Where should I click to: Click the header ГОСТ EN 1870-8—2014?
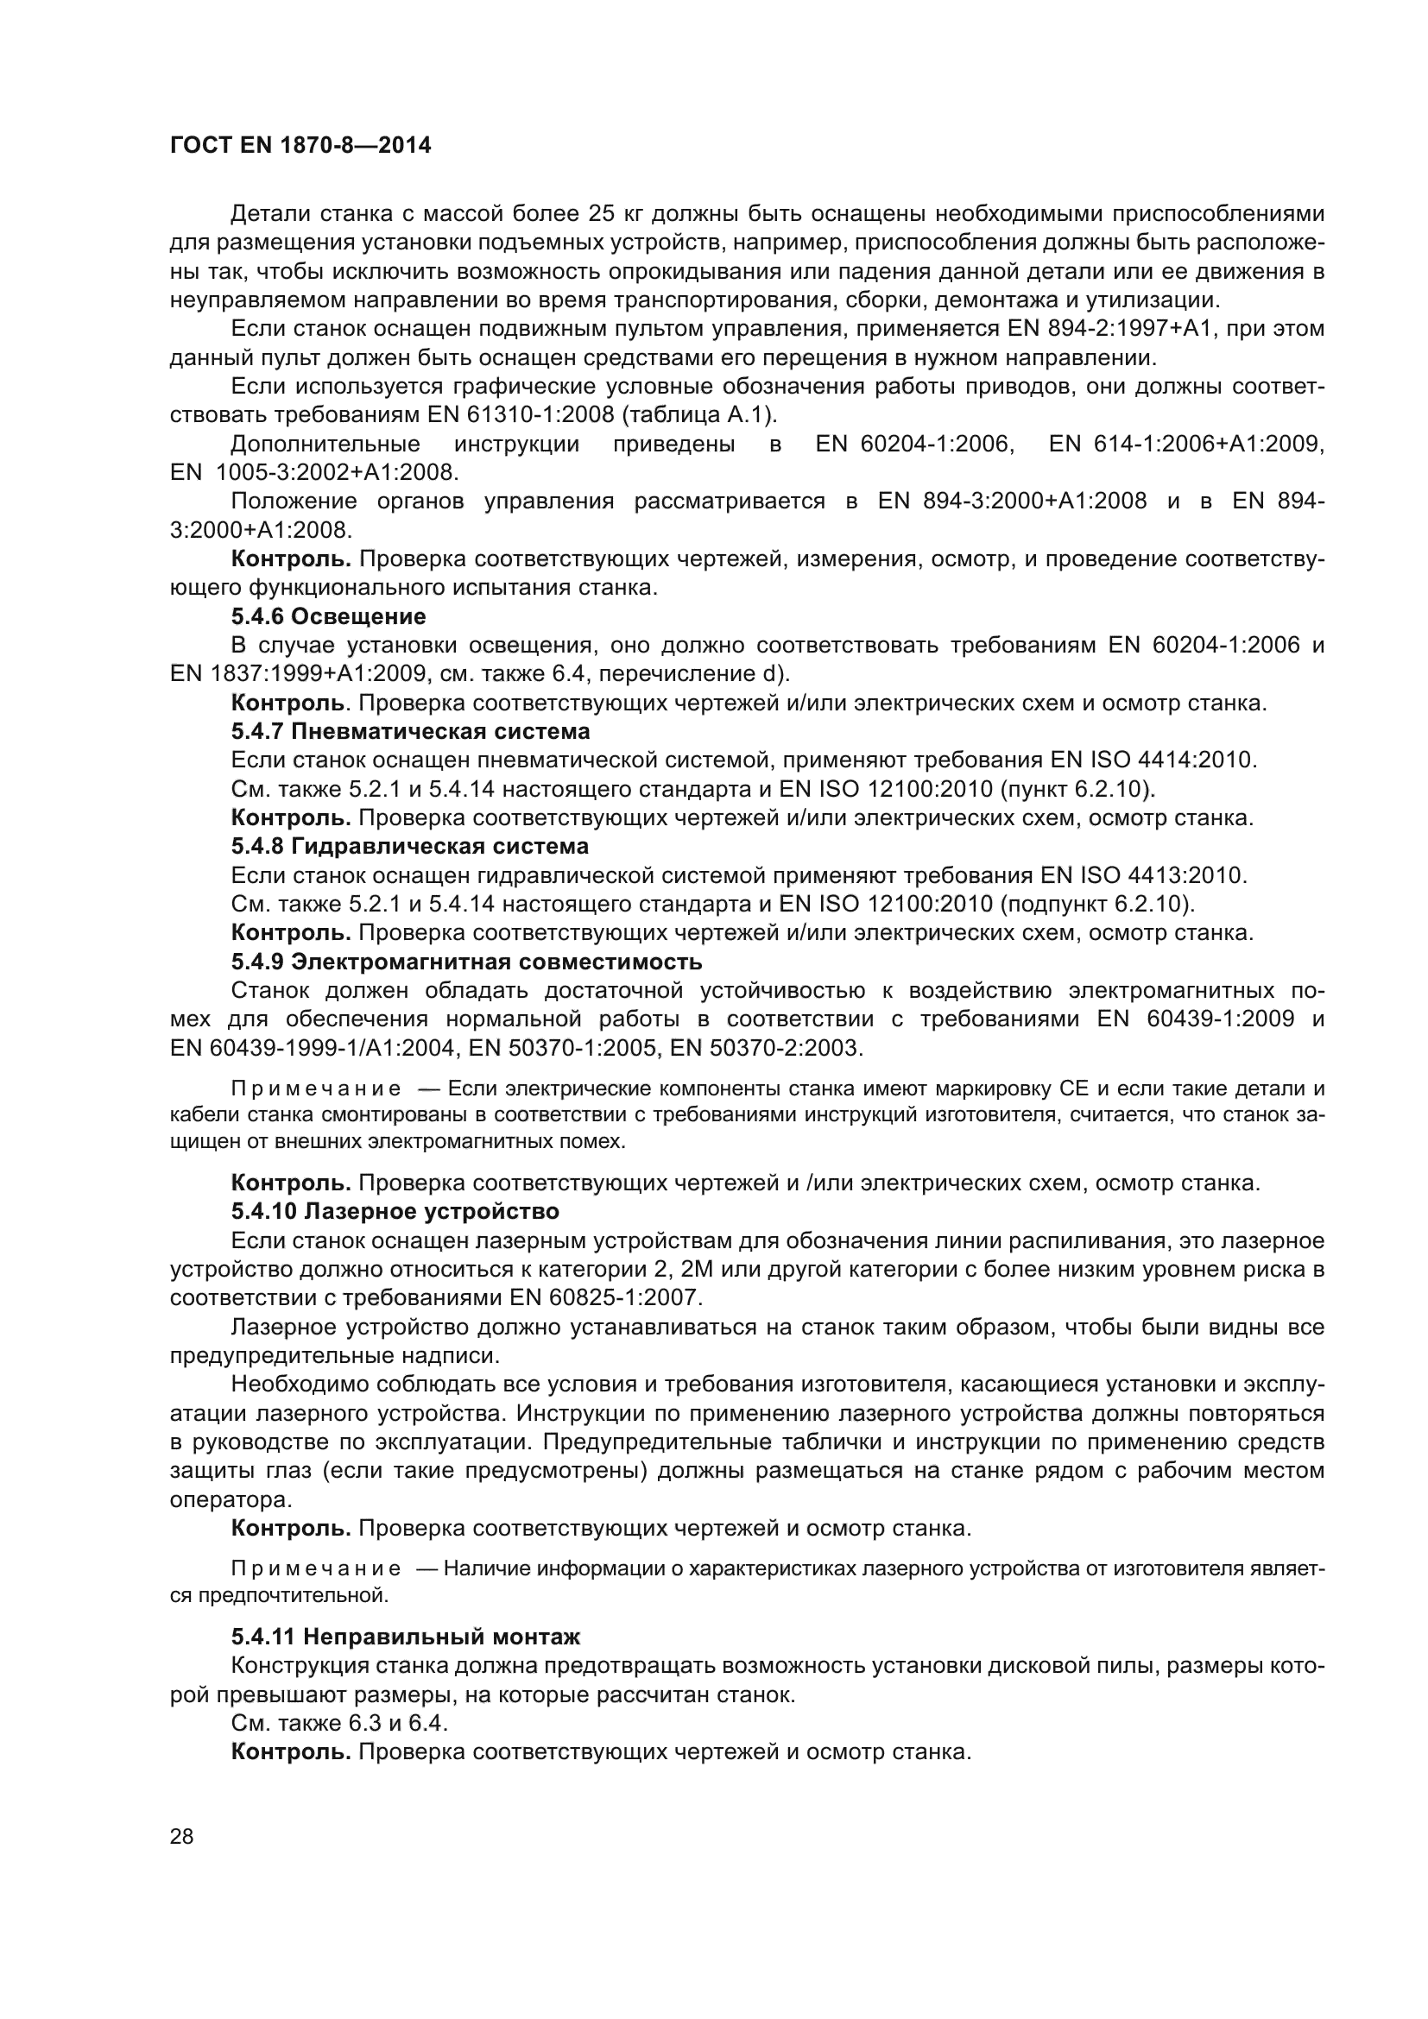[300, 146]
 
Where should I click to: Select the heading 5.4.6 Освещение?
[328, 616]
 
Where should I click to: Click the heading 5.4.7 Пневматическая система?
[411, 732]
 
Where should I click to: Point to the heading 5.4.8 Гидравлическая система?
[410, 847]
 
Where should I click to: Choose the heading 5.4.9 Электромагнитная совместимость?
[466, 962]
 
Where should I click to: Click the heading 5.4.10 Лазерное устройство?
[395, 1212]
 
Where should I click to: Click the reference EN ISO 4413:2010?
[1143, 876]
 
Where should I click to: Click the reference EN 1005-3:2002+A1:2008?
[314, 473]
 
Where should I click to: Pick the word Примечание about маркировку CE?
[316, 1089]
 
